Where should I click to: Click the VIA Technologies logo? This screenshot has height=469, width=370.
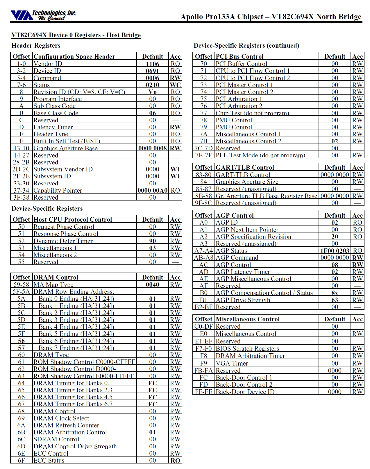[x=43, y=15]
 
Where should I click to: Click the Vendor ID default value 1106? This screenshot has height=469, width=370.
[x=152, y=64]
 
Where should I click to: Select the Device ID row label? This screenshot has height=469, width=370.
[x=47, y=71]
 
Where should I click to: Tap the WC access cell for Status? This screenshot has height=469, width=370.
[x=175, y=85]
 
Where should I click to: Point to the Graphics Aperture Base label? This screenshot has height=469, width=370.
[x=65, y=148]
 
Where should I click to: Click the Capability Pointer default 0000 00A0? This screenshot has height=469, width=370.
[x=152, y=191]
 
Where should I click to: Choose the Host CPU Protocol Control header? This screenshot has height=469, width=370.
[x=73, y=220]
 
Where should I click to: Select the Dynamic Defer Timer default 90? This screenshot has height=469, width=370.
[x=152, y=241]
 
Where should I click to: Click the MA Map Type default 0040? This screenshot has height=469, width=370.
[x=152, y=285]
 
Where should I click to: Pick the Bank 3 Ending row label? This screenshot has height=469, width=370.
[x=76, y=320]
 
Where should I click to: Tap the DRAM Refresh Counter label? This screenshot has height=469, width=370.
[x=66, y=425]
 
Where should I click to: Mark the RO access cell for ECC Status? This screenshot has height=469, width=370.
[x=175, y=461]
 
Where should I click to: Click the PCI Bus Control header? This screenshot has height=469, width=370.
[x=239, y=57]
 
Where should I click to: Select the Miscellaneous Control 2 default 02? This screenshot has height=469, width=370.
[x=335, y=141]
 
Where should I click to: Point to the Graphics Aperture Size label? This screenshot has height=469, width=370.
[x=247, y=182]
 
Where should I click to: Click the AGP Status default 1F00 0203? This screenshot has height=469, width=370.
[x=335, y=251]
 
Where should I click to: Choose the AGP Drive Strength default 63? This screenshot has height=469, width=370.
[x=335, y=300]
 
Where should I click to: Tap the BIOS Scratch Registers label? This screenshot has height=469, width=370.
[x=247, y=349]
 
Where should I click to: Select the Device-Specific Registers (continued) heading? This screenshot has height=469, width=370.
[x=246, y=46]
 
